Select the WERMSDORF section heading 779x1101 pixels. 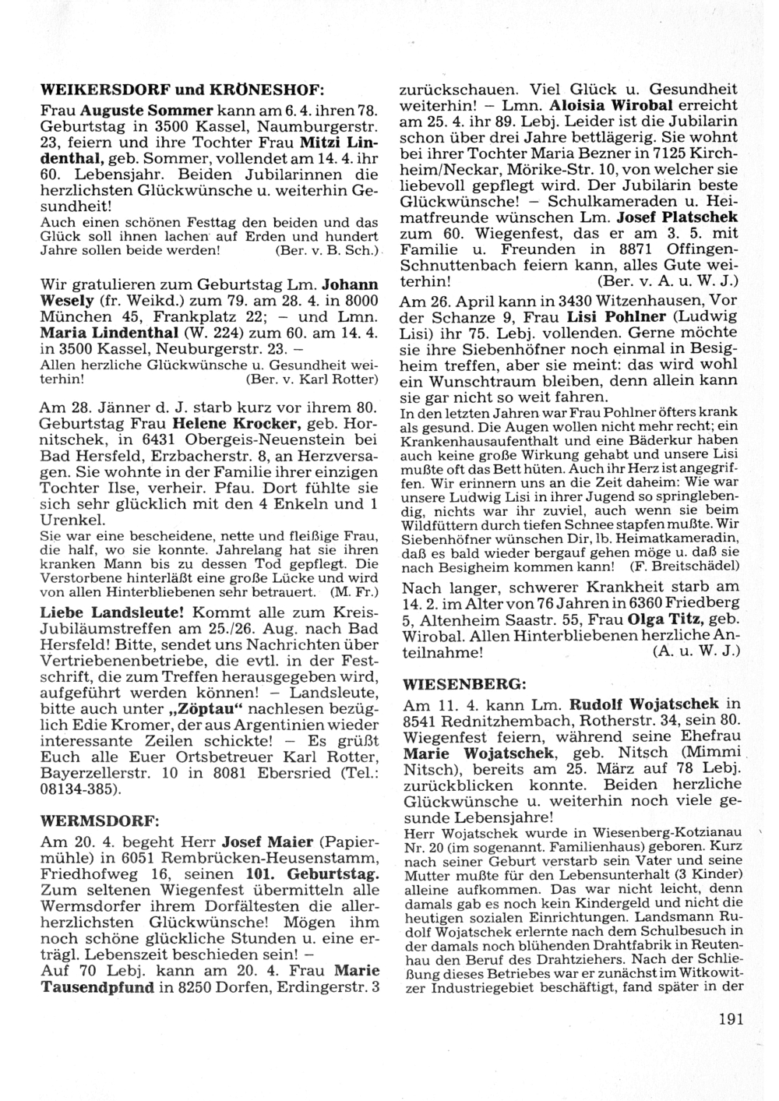[x=99, y=820]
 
